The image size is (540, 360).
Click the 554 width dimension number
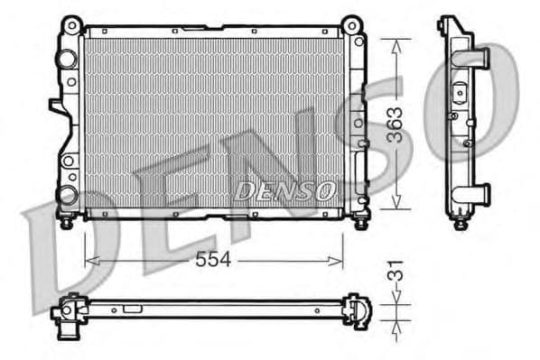(x=214, y=259)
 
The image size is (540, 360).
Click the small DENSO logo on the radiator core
(x=285, y=189)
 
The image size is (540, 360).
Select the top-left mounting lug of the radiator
(x=70, y=23)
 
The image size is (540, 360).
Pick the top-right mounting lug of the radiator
(x=355, y=23)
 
